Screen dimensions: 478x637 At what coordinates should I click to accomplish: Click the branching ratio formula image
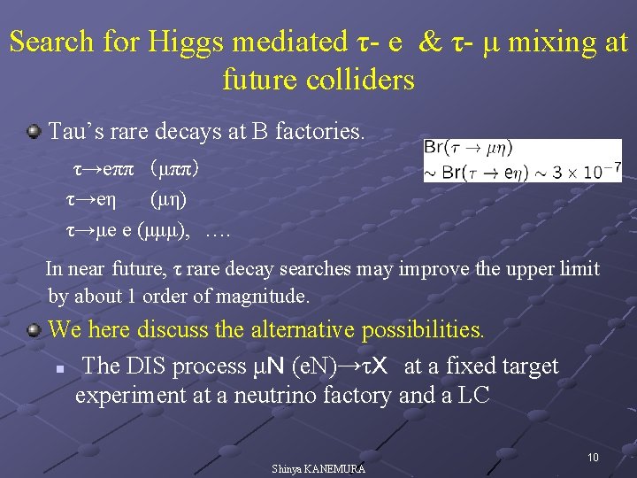[x=523, y=160]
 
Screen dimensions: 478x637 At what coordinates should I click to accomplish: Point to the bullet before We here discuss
[x=33, y=330]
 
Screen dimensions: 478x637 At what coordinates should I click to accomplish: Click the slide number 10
[x=593, y=457]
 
